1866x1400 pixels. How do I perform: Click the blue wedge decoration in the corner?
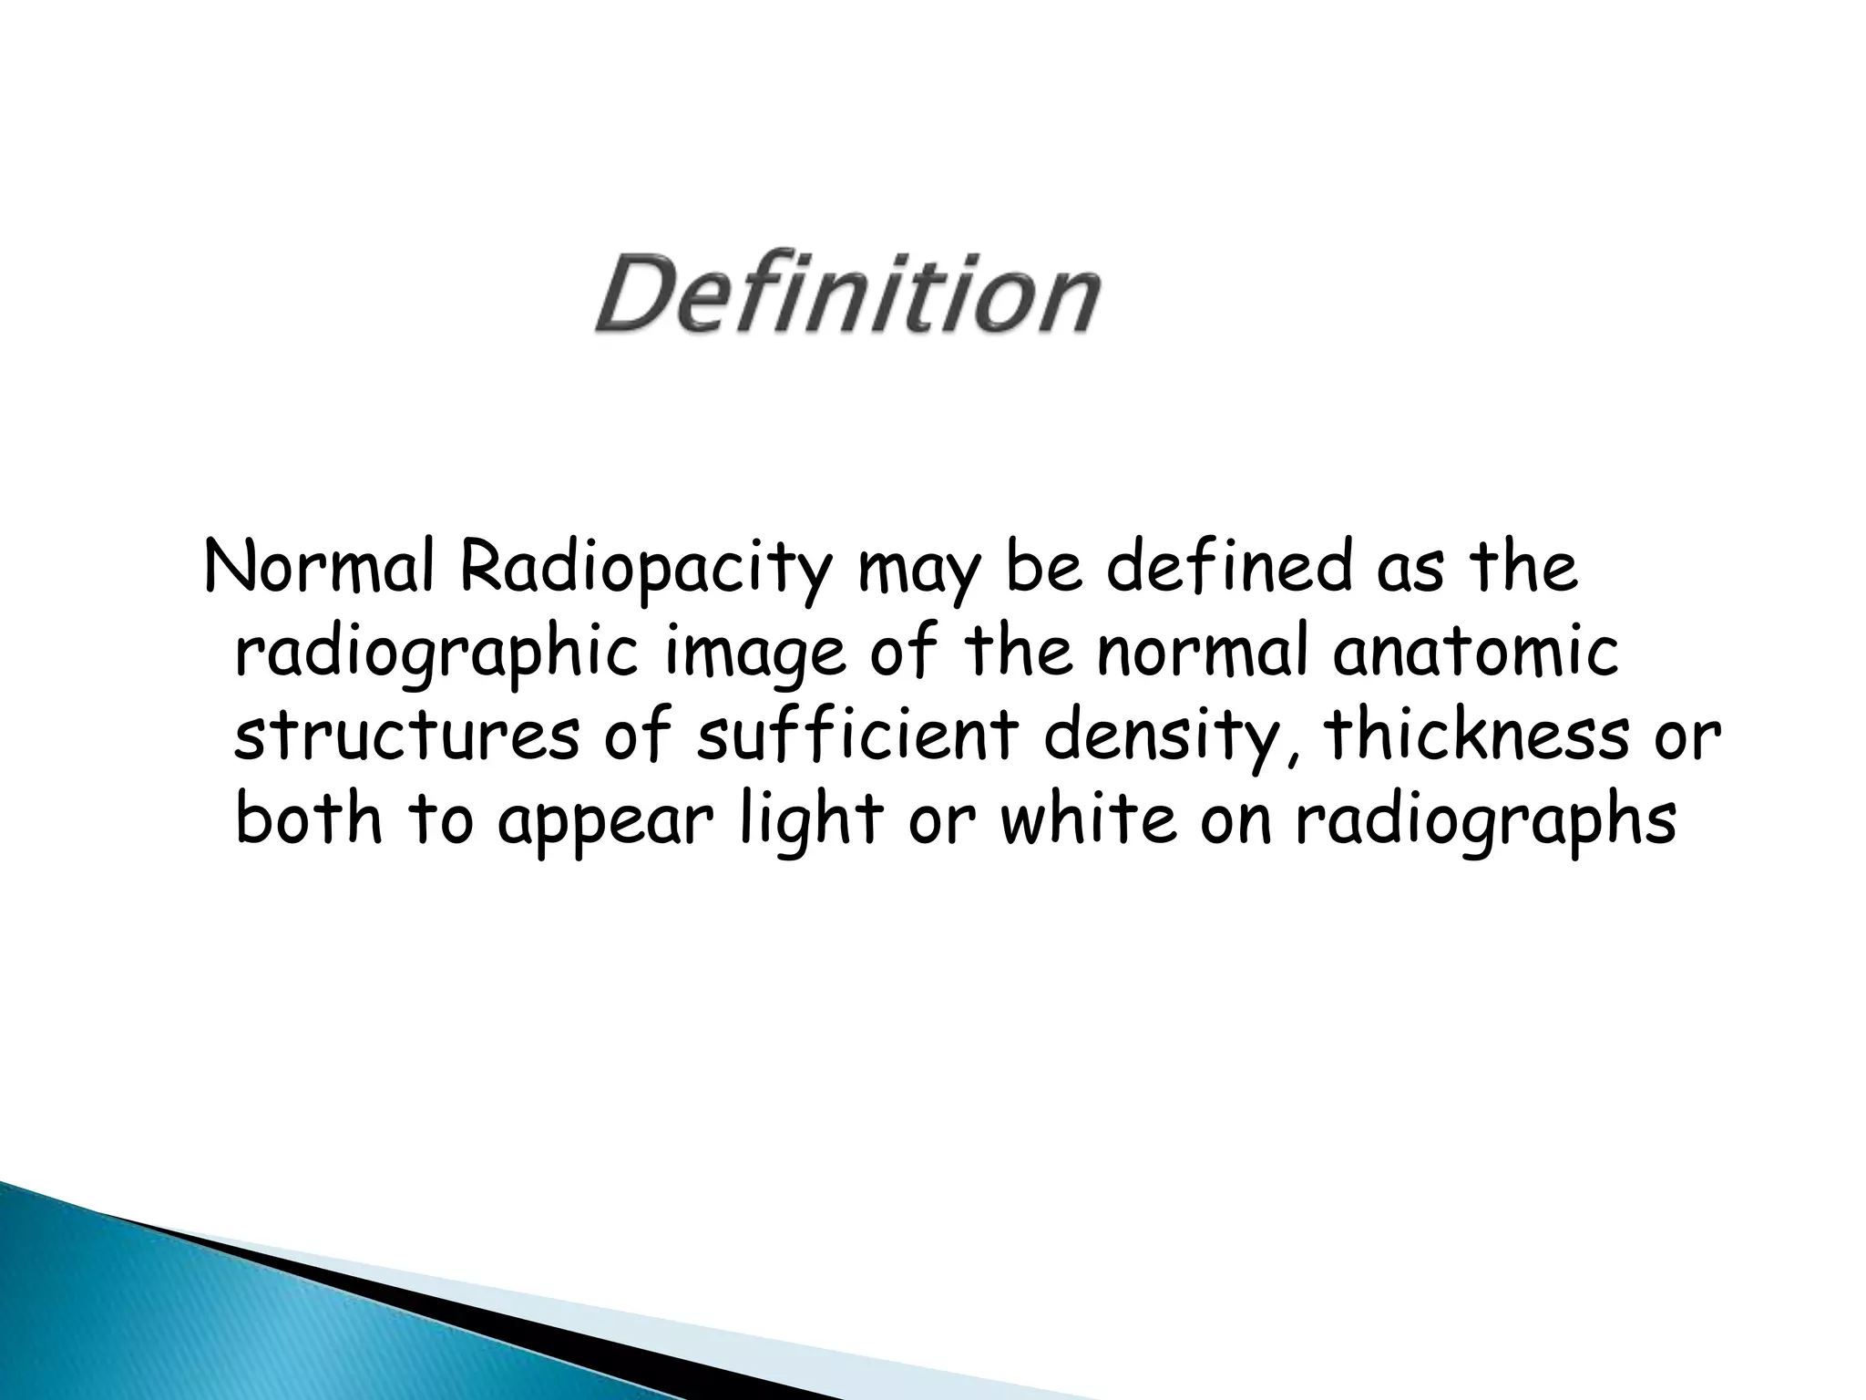(182, 1312)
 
